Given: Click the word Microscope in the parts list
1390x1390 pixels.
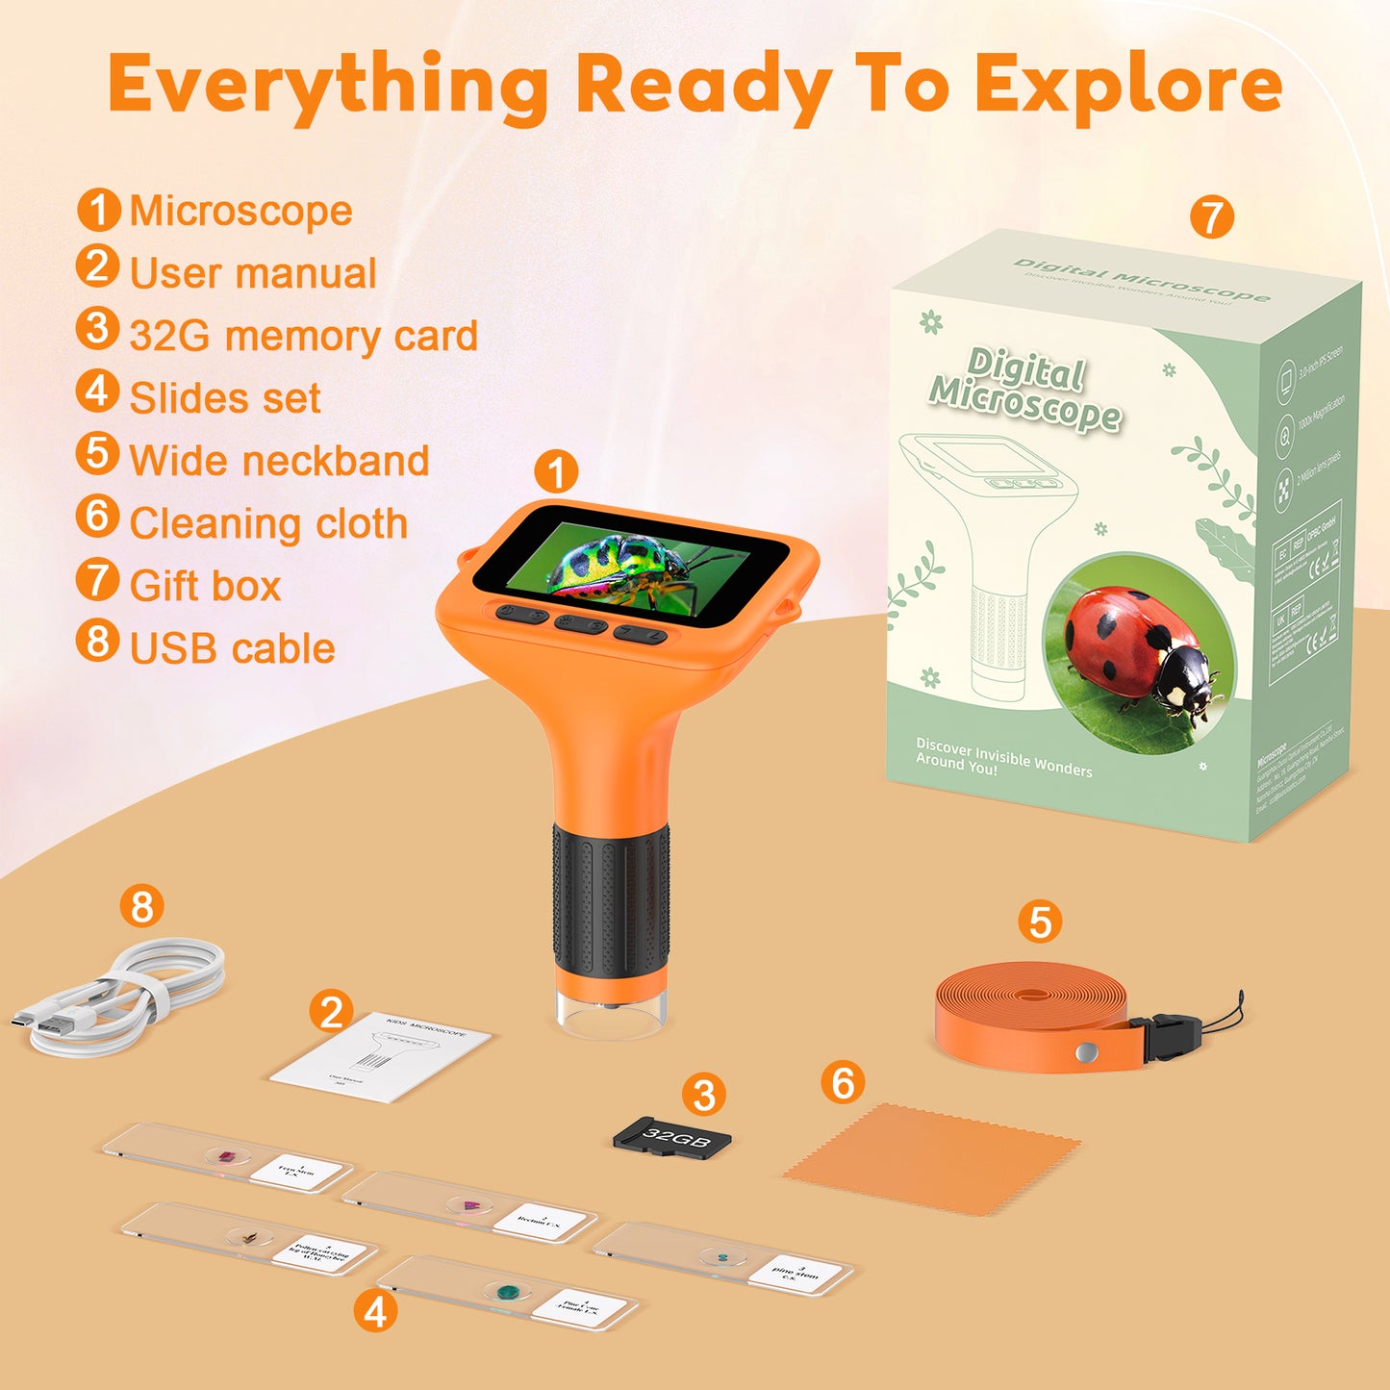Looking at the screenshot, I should tap(240, 212).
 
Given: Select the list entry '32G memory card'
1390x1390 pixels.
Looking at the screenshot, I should tap(303, 337).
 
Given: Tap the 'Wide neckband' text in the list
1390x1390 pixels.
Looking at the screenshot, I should tap(279, 461).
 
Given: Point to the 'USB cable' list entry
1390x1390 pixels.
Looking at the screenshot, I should tap(232, 648).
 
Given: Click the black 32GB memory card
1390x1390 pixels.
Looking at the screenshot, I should tap(673, 1137).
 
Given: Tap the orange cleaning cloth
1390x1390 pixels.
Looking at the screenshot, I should tap(931, 1159).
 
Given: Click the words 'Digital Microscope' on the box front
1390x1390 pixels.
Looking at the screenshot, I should tap(1025, 390).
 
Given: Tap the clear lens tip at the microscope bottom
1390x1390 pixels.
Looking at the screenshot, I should tap(611, 1014).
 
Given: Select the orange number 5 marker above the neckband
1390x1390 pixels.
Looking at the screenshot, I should tap(1040, 922).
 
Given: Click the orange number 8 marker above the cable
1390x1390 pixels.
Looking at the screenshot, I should tap(142, 906).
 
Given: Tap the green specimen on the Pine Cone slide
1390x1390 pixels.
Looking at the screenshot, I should tap(507, 1290).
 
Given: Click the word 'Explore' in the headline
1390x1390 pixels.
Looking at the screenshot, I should tap(1127, 85).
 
